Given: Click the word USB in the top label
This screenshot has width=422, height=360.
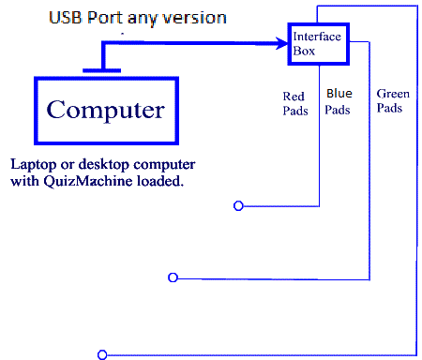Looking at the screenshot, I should point(67,17).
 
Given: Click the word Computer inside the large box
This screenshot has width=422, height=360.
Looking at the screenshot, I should point(105,110).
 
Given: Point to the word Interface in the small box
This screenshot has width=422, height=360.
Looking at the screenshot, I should point(317,37).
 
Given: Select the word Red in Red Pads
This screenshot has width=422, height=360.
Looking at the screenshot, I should point(294,96).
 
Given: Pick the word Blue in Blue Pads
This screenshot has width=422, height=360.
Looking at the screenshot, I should point(338,93).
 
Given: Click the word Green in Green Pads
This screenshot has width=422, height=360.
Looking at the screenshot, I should point(391,94).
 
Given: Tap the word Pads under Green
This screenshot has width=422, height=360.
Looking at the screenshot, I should point(389,108).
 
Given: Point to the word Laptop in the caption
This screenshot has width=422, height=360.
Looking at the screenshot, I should point(32,163).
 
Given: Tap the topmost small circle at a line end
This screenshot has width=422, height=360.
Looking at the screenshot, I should point(238,206).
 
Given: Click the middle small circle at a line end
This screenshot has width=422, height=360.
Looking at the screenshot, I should point(172,277).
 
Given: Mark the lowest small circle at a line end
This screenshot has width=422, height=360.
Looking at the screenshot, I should point(101,354).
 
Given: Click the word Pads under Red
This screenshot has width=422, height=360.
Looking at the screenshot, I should point(294,111).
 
